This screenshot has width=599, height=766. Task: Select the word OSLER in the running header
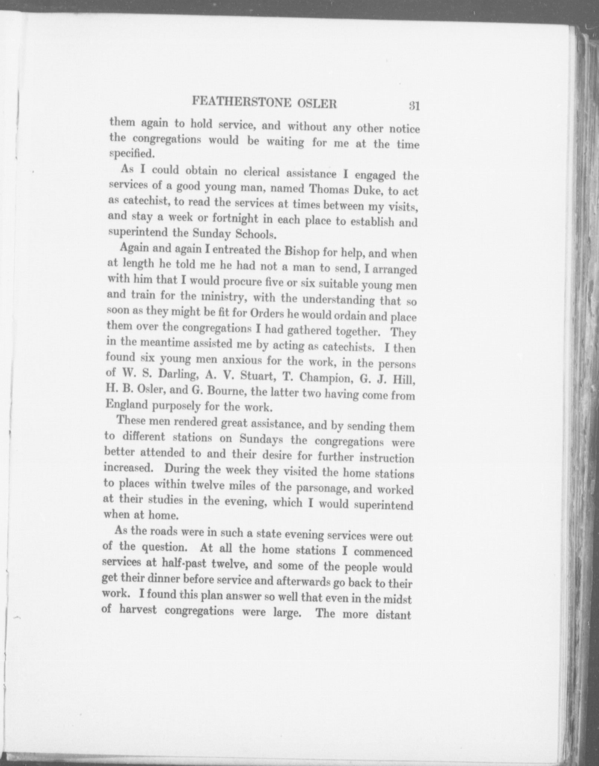coord(317,104)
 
